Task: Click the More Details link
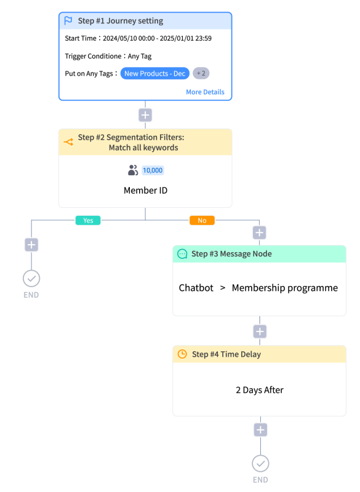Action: pyautogui.click(x=205, y=92)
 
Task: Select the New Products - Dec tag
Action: pyautogui.click(x=154, y=73)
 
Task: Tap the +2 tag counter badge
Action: pyautogui.click(x=201, y=73)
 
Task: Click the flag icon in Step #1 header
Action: pyautogui.click(x=68, y=21)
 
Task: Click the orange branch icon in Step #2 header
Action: pyautogui.click(x=68, y=142)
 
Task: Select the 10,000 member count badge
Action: pyautogui.click(x=153, y=170)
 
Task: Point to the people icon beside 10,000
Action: pyautogui.click(x=133, y=170)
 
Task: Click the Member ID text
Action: pyautogui.click(x=145, y=191)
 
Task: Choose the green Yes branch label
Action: pyautogui.click(x=88, y=220)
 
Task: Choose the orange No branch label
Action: pyautogui.click(x=202, y=220)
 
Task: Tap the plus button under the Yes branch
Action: pyautogui.click(x=31, y=245)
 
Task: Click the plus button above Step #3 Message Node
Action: pyautogui.click(x=259, y=232)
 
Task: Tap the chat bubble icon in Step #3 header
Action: pyautogui.click(x=182, y=254)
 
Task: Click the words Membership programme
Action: pyautogui.click(x=285, y=288)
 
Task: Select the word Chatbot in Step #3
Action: pyautogui.click(x=196, y=288)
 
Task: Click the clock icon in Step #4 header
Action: pyautogui.click(x=182, y=354)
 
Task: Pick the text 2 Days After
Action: pyautogui.click(x=260, y=390)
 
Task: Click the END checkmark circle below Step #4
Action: pyautogui.click(x=260, y=464)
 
